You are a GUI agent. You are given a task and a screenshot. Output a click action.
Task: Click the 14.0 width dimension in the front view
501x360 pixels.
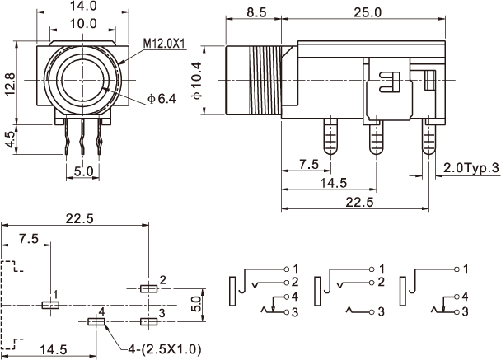coord(82,6)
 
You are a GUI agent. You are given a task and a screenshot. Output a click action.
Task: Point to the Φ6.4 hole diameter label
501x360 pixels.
coord(162,99)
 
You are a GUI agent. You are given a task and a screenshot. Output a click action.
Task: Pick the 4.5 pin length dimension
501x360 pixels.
coord(11,138)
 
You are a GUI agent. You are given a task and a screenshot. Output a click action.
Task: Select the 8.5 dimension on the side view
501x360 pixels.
coord(255,12)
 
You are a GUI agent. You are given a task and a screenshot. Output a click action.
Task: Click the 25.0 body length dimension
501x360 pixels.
coord(367,12)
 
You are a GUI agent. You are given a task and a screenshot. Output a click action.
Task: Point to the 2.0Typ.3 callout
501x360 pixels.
coord(471,168)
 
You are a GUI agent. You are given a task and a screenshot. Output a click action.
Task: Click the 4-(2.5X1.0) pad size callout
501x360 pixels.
coord(163,348)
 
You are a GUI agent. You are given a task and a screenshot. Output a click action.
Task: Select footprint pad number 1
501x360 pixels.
coord(50,305)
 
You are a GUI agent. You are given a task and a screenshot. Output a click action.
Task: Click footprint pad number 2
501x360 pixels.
coord(148,289)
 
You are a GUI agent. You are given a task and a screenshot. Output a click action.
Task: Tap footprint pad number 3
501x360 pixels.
coord(148,320)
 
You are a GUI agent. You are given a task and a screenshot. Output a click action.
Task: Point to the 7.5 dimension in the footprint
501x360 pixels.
coord(27,239)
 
